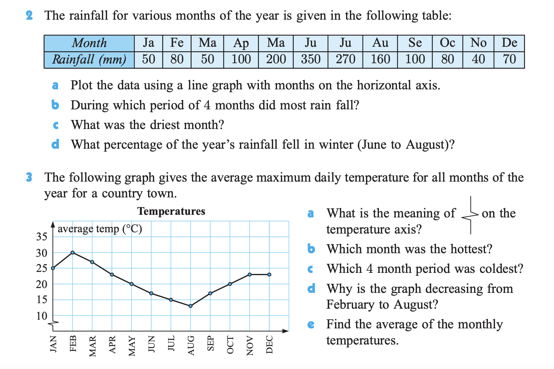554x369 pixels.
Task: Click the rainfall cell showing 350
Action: [x=311, y=59]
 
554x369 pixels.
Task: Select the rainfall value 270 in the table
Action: [x=345, y=59]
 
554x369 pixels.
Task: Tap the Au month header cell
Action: [x=380, y=43]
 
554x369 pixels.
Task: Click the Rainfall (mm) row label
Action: [x=89, y=59]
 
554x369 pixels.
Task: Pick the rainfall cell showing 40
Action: [x=478, y=59]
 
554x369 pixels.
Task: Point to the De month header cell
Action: [x=509, y=43]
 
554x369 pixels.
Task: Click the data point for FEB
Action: [x=73, y=253]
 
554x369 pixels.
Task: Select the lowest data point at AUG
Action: [x=191, y=306]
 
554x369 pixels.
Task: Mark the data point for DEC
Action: [x=269, y=274]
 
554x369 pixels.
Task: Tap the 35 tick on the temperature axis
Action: [x=42, y=237]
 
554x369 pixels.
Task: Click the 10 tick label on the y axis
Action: [x=42, y=316]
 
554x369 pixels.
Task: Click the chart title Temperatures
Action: [x=171, y=211]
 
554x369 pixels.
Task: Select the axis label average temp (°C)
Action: [x=100, y=229]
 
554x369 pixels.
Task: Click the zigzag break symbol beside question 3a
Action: [x=470, y=215]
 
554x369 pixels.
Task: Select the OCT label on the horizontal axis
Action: [x=230, y=344]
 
